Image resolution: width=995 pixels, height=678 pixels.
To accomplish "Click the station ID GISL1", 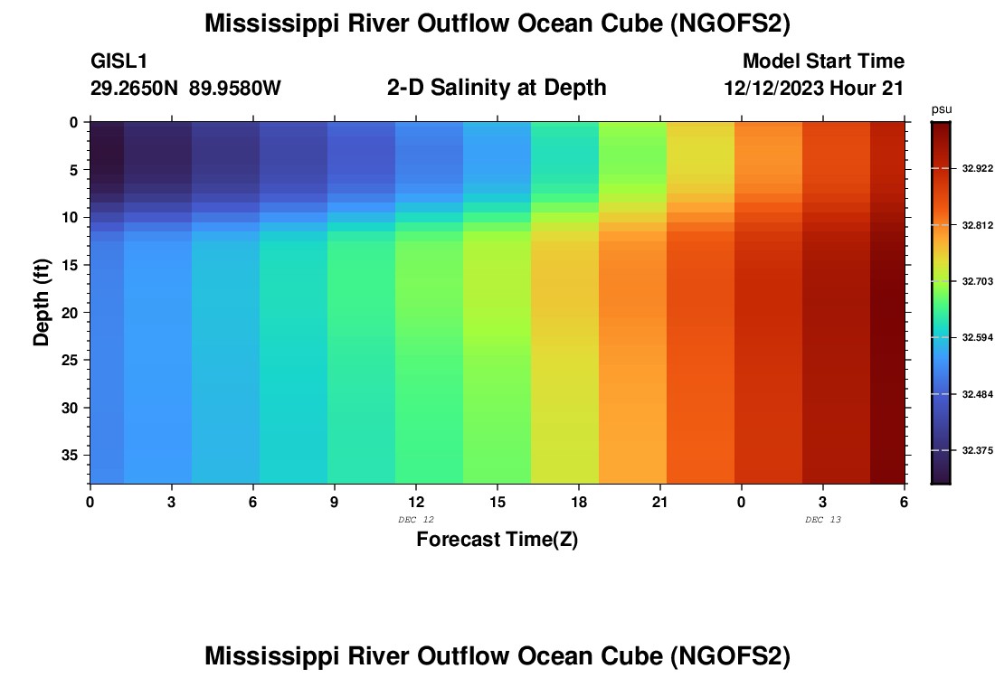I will (119, 61).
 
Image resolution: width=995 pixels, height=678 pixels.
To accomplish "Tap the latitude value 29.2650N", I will (136, 89).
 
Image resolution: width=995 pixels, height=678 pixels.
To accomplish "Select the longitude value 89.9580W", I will (235, 89).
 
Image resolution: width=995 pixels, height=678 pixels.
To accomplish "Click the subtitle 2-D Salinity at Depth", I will (497, 88).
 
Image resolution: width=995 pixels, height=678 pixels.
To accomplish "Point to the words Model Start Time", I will (823, 61).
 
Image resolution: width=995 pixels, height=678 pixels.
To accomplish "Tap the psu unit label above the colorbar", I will (942, 109).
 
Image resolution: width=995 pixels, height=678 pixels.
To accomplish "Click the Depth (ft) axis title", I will (42, 302).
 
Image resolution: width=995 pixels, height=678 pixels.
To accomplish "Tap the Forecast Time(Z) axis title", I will (497, 541).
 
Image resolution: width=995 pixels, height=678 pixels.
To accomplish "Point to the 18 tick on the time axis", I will (578, 502).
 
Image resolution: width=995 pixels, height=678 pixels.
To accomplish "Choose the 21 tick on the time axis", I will (659, 502).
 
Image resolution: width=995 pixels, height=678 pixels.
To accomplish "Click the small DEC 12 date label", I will (416, 519).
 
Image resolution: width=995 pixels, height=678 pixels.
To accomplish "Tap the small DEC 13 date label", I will (823, 519).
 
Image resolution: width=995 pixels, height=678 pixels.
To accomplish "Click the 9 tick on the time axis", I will (334, 502).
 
